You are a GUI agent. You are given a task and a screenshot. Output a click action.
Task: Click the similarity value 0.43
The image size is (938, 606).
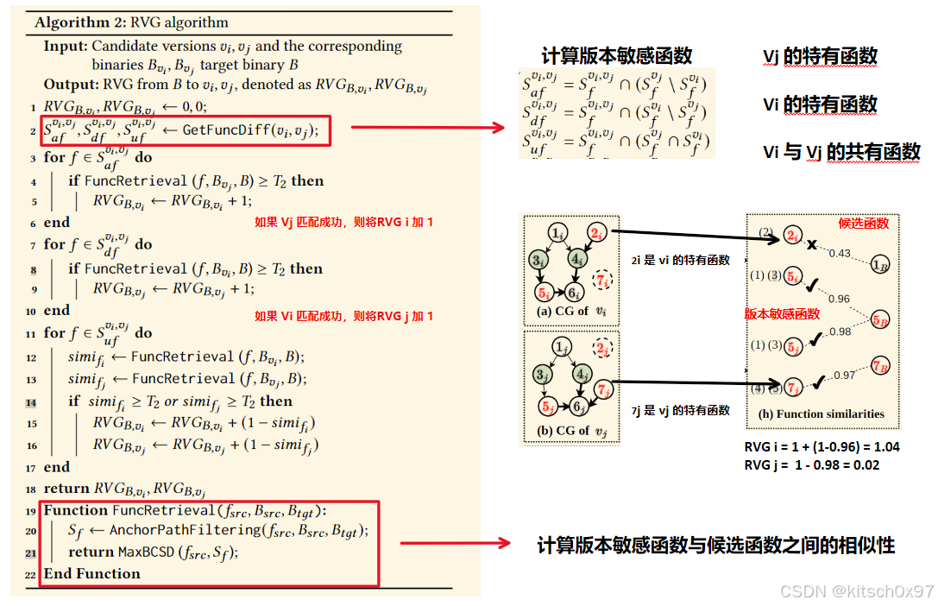tap(840, 254)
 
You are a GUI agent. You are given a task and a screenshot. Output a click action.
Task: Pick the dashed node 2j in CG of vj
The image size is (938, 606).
tap(601, 347)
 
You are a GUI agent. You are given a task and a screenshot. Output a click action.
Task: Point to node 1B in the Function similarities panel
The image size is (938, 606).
tap(880, 264)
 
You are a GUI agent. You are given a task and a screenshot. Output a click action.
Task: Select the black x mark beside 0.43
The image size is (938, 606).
tap(811, 245)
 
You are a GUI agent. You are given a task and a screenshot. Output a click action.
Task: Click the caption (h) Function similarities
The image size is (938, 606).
tap(822, 413)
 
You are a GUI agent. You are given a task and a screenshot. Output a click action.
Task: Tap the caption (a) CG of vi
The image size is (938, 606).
tap(567, 311)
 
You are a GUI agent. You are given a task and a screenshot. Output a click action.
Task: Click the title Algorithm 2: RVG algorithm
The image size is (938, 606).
tap(131, 22)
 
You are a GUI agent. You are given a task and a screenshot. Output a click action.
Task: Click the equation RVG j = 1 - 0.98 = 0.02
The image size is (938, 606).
tap(811, 465)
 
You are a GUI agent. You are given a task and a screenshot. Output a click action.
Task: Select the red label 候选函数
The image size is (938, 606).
tap(863, 224)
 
